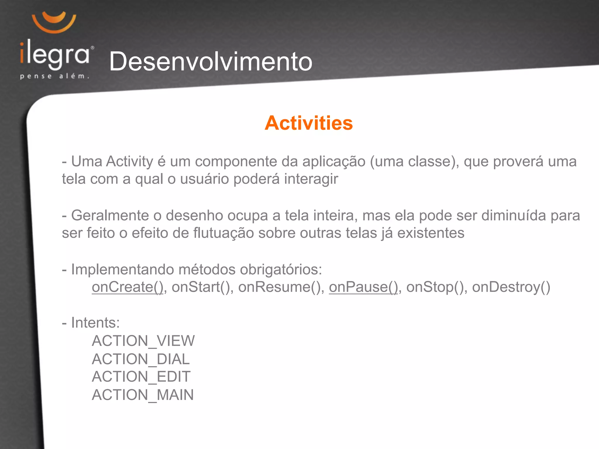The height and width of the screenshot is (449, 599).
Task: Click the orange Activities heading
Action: click(309, 123)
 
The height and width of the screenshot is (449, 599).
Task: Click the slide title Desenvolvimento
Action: click(211, 61)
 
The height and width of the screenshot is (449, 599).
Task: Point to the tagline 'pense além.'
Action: click(54, 77)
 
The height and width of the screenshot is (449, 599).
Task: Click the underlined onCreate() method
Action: click(128, 287)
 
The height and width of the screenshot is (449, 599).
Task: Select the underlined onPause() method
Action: click(363, 287)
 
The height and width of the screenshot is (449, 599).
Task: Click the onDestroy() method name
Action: click(511, 287)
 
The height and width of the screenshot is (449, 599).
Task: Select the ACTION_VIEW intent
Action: click(143, 341)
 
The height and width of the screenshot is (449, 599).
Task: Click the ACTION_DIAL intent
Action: click(141, 359)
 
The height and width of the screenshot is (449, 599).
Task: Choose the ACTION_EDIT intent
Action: click(141, 377)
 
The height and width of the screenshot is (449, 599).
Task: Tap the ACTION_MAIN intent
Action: click(143, 395)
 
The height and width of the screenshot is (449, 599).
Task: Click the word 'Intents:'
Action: click(95, 323)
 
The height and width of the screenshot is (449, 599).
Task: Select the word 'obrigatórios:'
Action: click(281, 270)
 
